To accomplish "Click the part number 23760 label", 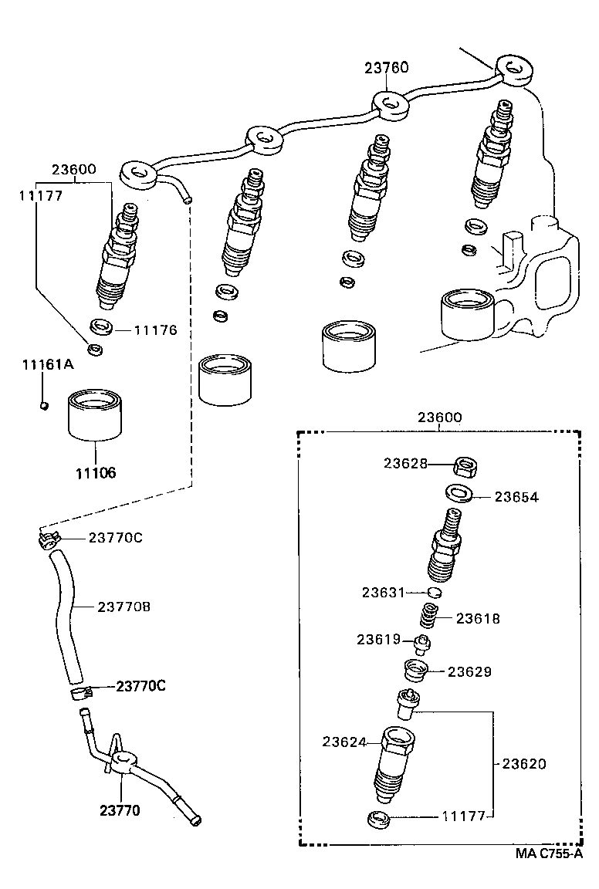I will click(387, 68).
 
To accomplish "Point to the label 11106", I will click(96, 472).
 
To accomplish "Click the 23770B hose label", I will click(124, 607).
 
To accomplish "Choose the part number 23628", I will click(405, 463).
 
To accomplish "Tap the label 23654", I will click(516, 498).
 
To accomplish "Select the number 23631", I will click(384, 592).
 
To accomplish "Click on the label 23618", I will click(477, 618).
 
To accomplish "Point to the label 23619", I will click(378, 639).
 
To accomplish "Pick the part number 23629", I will click(469, 672).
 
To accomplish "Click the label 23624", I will click(344, 742).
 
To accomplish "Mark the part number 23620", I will click(524, 764).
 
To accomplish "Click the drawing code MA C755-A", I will click(550, 854).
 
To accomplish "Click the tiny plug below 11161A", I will click(45, 404).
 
